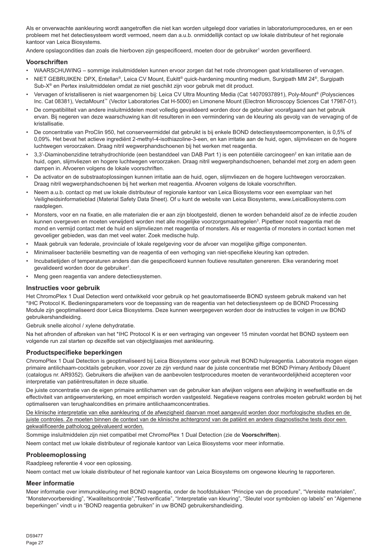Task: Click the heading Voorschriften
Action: click(47, 62)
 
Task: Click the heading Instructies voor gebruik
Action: click(63, 288)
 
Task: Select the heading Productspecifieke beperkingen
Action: click(74, 353)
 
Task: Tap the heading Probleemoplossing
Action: click(56, 455)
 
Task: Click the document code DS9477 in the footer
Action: click(35, 536)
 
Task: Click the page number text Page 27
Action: click(35, 543)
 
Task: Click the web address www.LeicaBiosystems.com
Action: click(312, 199)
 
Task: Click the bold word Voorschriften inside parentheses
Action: click(259, 435)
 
